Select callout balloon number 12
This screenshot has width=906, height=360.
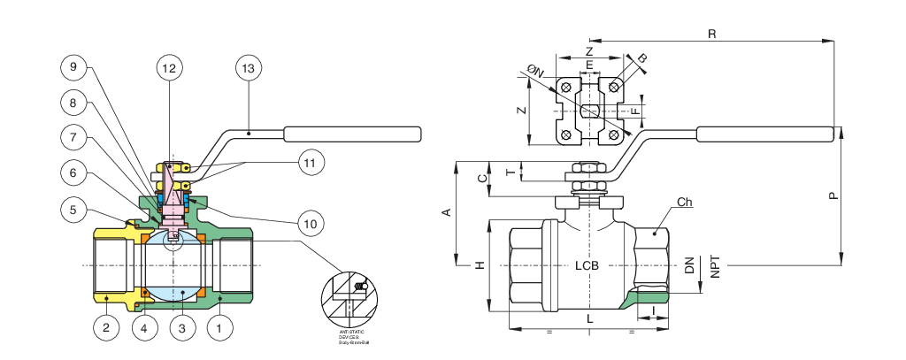point(169,66)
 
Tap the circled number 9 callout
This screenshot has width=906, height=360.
point(74,66)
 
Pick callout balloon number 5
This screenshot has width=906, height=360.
point(74,210)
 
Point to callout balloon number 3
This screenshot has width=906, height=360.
point(181,328)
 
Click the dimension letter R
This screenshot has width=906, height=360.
point(712,34)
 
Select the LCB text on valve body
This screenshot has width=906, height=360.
point(588,265)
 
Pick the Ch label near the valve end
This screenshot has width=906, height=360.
point(683,203)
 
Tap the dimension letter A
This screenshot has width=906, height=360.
point(447,212)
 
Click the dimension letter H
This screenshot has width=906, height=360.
point(478,265)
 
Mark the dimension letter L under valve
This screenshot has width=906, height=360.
point(588,316)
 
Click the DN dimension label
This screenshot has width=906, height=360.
point(689,265)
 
